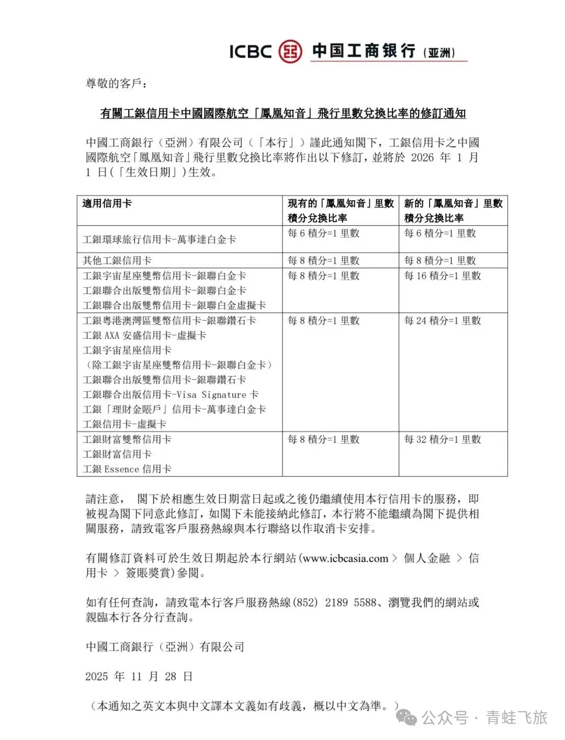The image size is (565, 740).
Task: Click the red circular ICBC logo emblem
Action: [x=290, y=51]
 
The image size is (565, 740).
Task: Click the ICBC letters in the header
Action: [x=251, y=51]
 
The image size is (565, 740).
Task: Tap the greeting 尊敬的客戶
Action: [x=116, y=84]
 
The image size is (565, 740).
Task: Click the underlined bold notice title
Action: [x=282, y=113]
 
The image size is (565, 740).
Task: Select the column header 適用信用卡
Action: [x=107, y=203]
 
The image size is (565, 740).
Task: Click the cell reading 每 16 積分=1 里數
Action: [x=442, y=276]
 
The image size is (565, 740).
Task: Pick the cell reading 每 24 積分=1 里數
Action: [x=442, y=321]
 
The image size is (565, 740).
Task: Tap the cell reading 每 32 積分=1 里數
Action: [x=442, y=439]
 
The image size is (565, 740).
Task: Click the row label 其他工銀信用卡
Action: [x=117, y=260]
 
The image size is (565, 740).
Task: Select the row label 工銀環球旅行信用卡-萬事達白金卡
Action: [x=159, y=240]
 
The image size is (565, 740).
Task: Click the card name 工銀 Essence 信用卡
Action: [x=127, y=469]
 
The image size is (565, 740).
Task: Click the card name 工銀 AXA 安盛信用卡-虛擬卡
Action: [x=144, y=335]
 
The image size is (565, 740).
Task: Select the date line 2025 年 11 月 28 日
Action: [x=139, y=676]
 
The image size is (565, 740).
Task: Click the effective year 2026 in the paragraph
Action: [x=422, y=157]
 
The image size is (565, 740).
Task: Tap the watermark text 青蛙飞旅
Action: [x=516, y=718]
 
